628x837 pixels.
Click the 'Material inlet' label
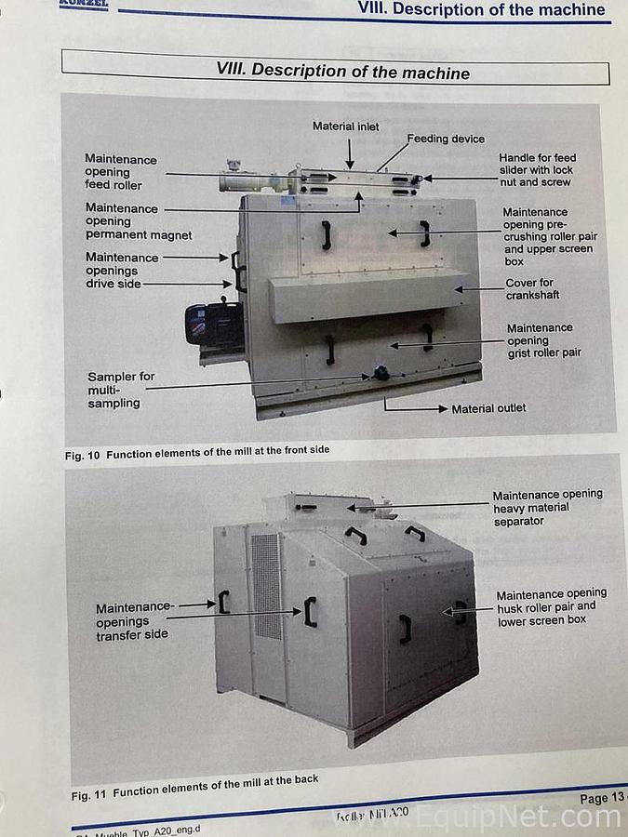click(x=345, y=126)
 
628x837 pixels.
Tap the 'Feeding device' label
click(x=446, y=139)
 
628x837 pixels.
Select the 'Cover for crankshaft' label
click(x=529, y=289)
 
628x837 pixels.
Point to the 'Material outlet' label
click(x=488, y=408)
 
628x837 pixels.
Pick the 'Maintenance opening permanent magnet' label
click(x=138, y=222)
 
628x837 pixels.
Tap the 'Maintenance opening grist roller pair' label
click(x=543, y=340)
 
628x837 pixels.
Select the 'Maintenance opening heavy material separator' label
click(x=547, y=508)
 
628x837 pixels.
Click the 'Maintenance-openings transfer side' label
click(x=134, y=621)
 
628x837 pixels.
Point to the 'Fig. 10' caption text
click(x=196, y=453)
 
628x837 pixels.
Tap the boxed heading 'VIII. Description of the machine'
click(x=342, y=71)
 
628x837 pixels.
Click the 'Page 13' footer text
click(x=601, y=798)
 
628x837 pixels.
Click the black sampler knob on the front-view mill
click(x=381, y=374)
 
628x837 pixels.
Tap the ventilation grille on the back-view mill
click(x=266, y=585)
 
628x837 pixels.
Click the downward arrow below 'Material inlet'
click(x=350, y=151)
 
